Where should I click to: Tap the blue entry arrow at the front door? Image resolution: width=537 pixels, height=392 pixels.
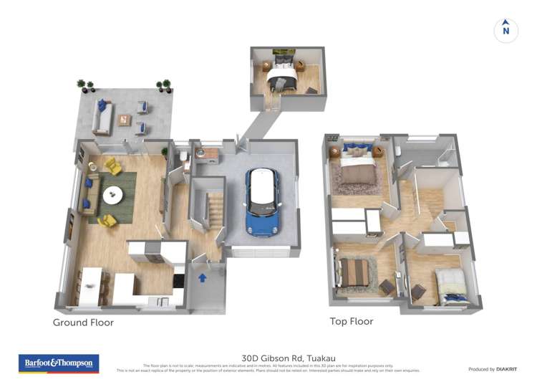pos(203,277)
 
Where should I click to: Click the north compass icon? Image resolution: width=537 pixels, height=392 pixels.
pos(505,30)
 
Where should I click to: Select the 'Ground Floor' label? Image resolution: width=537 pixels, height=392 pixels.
pos(83,322)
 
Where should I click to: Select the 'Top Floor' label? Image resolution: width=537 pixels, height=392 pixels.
pos(351,322)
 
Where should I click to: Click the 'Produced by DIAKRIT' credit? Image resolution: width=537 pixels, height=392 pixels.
pos(493,369)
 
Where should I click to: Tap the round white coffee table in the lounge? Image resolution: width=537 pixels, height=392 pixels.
pos(113,195)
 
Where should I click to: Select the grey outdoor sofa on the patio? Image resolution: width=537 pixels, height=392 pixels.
pos(101,118)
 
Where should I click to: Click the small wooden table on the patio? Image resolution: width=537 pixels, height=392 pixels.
pos(125,120)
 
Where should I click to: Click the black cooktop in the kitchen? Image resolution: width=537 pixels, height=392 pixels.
pos(179,281)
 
